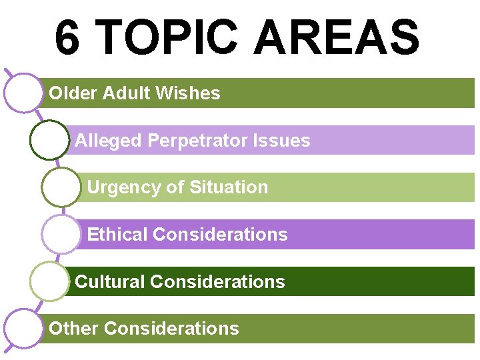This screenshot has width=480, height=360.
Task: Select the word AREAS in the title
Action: pyautogui.click(x=337, y=38)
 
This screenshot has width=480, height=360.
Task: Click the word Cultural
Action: pyautogui.click(x=109, y=282)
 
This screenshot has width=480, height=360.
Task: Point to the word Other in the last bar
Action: pyautogui.click(x=74, y=329)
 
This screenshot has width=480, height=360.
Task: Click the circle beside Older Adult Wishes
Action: pyautogui.click(x=23, y=93)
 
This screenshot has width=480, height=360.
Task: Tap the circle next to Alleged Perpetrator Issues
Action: pyautogui.click(x=49, y=140)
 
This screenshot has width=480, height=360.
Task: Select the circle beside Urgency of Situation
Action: pyautogui.click(x=61, y=187)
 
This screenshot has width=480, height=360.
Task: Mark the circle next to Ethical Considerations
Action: pyautogui.click(x=61, y=234)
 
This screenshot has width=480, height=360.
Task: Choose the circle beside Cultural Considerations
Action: pyautogui.click(x=49, y=281)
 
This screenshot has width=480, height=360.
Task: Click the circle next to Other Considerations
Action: pyautogui.click(x=23, y=328)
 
